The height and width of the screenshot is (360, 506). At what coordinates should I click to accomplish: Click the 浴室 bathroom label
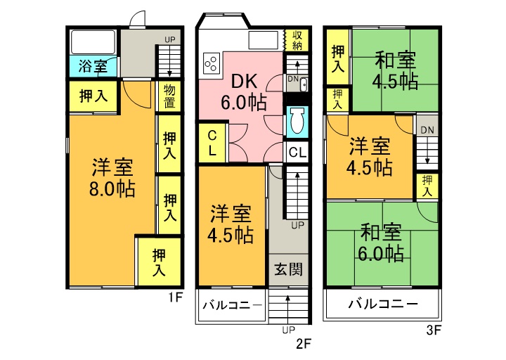[93, 67]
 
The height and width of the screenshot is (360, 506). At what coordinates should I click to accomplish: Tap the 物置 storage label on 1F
[169, 96]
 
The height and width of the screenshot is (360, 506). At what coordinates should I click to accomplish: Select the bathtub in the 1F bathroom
[93, 42]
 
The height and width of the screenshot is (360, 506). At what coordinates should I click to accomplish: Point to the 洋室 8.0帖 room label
[112, 178]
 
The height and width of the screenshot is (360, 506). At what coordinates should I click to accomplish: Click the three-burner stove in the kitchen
[212, 63]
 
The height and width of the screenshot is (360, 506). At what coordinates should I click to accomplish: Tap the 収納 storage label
[297, 39]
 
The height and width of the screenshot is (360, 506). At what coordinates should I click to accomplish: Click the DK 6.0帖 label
[244, 91]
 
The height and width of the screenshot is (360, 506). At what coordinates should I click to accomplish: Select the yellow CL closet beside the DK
[212, 143]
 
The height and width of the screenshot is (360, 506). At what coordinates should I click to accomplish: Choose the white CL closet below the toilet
[297, 152]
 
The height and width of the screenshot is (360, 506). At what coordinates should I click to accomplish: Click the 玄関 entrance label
[289, 269]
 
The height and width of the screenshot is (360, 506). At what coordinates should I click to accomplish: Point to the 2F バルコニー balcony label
[233, 304]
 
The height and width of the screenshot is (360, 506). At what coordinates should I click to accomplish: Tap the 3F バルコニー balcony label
[383, 304]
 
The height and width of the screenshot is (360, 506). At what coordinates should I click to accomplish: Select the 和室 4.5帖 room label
[395, 71]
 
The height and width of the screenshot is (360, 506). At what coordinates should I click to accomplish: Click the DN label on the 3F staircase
[427, 130]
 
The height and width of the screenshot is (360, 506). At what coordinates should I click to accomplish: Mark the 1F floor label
[176, 297]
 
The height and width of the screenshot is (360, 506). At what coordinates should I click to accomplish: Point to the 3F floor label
[434, 330]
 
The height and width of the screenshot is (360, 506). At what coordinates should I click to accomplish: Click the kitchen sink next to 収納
[264, 40]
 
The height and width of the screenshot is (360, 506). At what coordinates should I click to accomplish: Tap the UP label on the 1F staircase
[170, 39]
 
